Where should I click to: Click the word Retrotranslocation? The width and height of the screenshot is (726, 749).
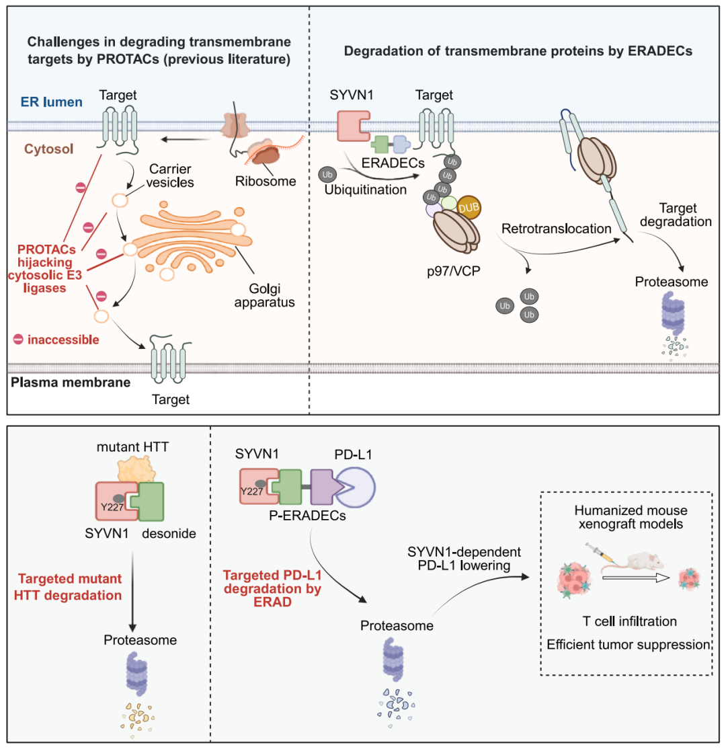[x=557, y=229]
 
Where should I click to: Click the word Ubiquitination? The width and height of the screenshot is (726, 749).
[x=366, y=190]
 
